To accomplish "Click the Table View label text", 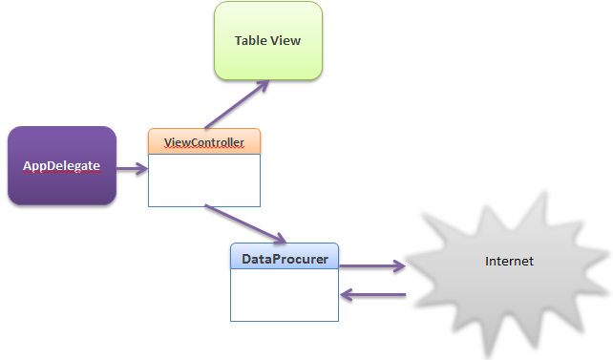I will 268,40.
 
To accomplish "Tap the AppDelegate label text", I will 61,166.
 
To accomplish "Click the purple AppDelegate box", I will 61,186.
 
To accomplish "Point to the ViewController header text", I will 204,142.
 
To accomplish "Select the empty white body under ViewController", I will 204,180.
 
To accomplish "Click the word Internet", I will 509,261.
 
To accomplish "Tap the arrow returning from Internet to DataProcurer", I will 374,296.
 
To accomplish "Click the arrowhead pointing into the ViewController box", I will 142,170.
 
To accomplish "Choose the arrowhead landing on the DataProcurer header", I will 280,238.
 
